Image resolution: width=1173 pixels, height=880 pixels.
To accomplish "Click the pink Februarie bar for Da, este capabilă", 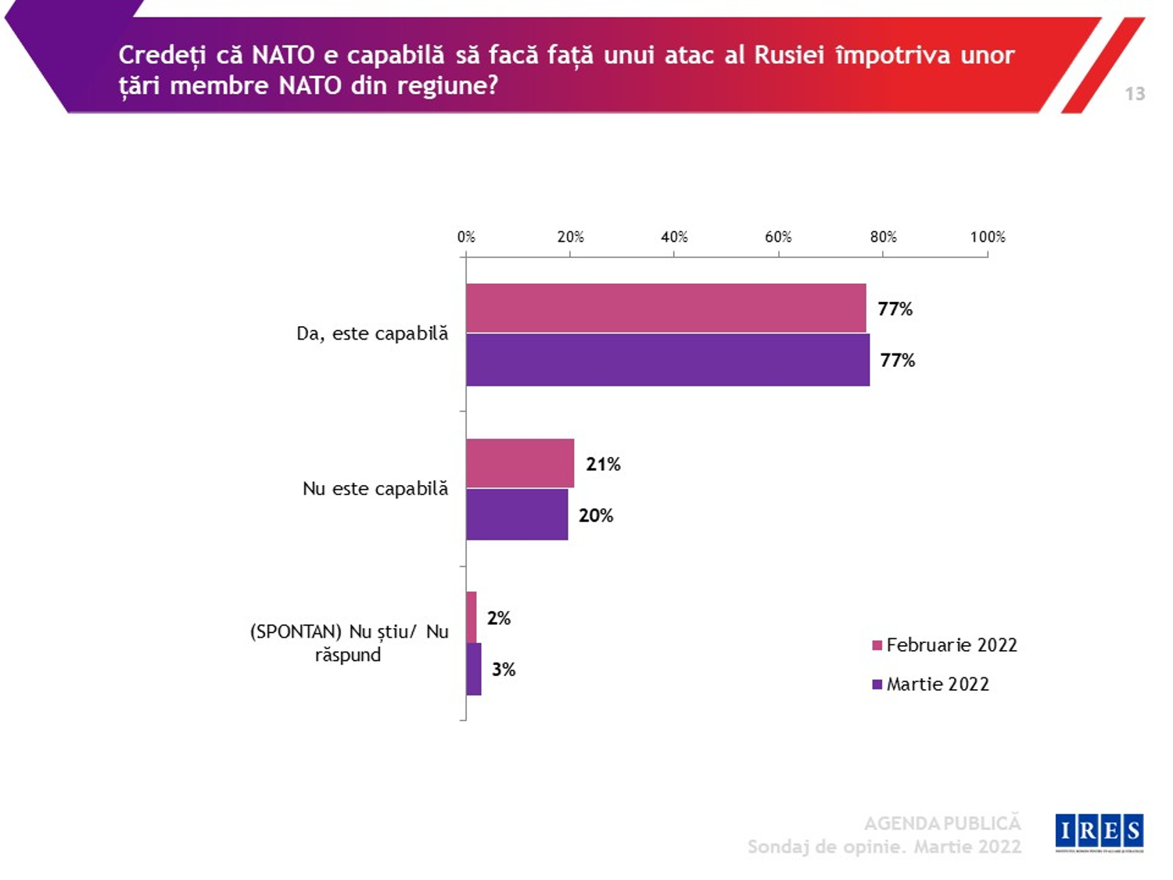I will (665, 308).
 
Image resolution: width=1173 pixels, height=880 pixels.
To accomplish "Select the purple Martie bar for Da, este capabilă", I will (668, 360).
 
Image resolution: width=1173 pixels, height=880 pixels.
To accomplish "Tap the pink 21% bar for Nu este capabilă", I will (520, 463).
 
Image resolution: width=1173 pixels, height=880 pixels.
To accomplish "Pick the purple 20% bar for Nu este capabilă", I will (517, 515).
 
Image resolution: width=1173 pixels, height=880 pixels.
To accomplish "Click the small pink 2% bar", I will (472, 617).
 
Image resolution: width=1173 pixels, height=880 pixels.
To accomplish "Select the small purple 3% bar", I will (474, 669).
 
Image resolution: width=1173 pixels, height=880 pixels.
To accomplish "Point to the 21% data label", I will (603, 464).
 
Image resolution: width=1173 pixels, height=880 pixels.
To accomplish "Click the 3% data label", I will (504, 670).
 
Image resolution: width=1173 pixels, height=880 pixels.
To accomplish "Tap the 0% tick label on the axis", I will (466, 237).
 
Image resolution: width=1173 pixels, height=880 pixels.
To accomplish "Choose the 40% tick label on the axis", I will (674, 237).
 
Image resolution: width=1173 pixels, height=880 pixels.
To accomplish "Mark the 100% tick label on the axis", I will (988, 237).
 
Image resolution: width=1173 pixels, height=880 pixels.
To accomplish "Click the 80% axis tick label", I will (883, 237).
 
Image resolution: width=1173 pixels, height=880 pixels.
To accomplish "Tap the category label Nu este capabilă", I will (375, 489).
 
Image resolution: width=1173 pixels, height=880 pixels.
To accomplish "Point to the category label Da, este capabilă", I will (372, 334).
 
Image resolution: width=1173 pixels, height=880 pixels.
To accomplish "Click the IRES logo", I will (1099, 832).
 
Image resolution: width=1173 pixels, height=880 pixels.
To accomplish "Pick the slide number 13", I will (1135, 94).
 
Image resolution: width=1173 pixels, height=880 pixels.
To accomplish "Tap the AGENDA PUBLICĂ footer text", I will (942, 823).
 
